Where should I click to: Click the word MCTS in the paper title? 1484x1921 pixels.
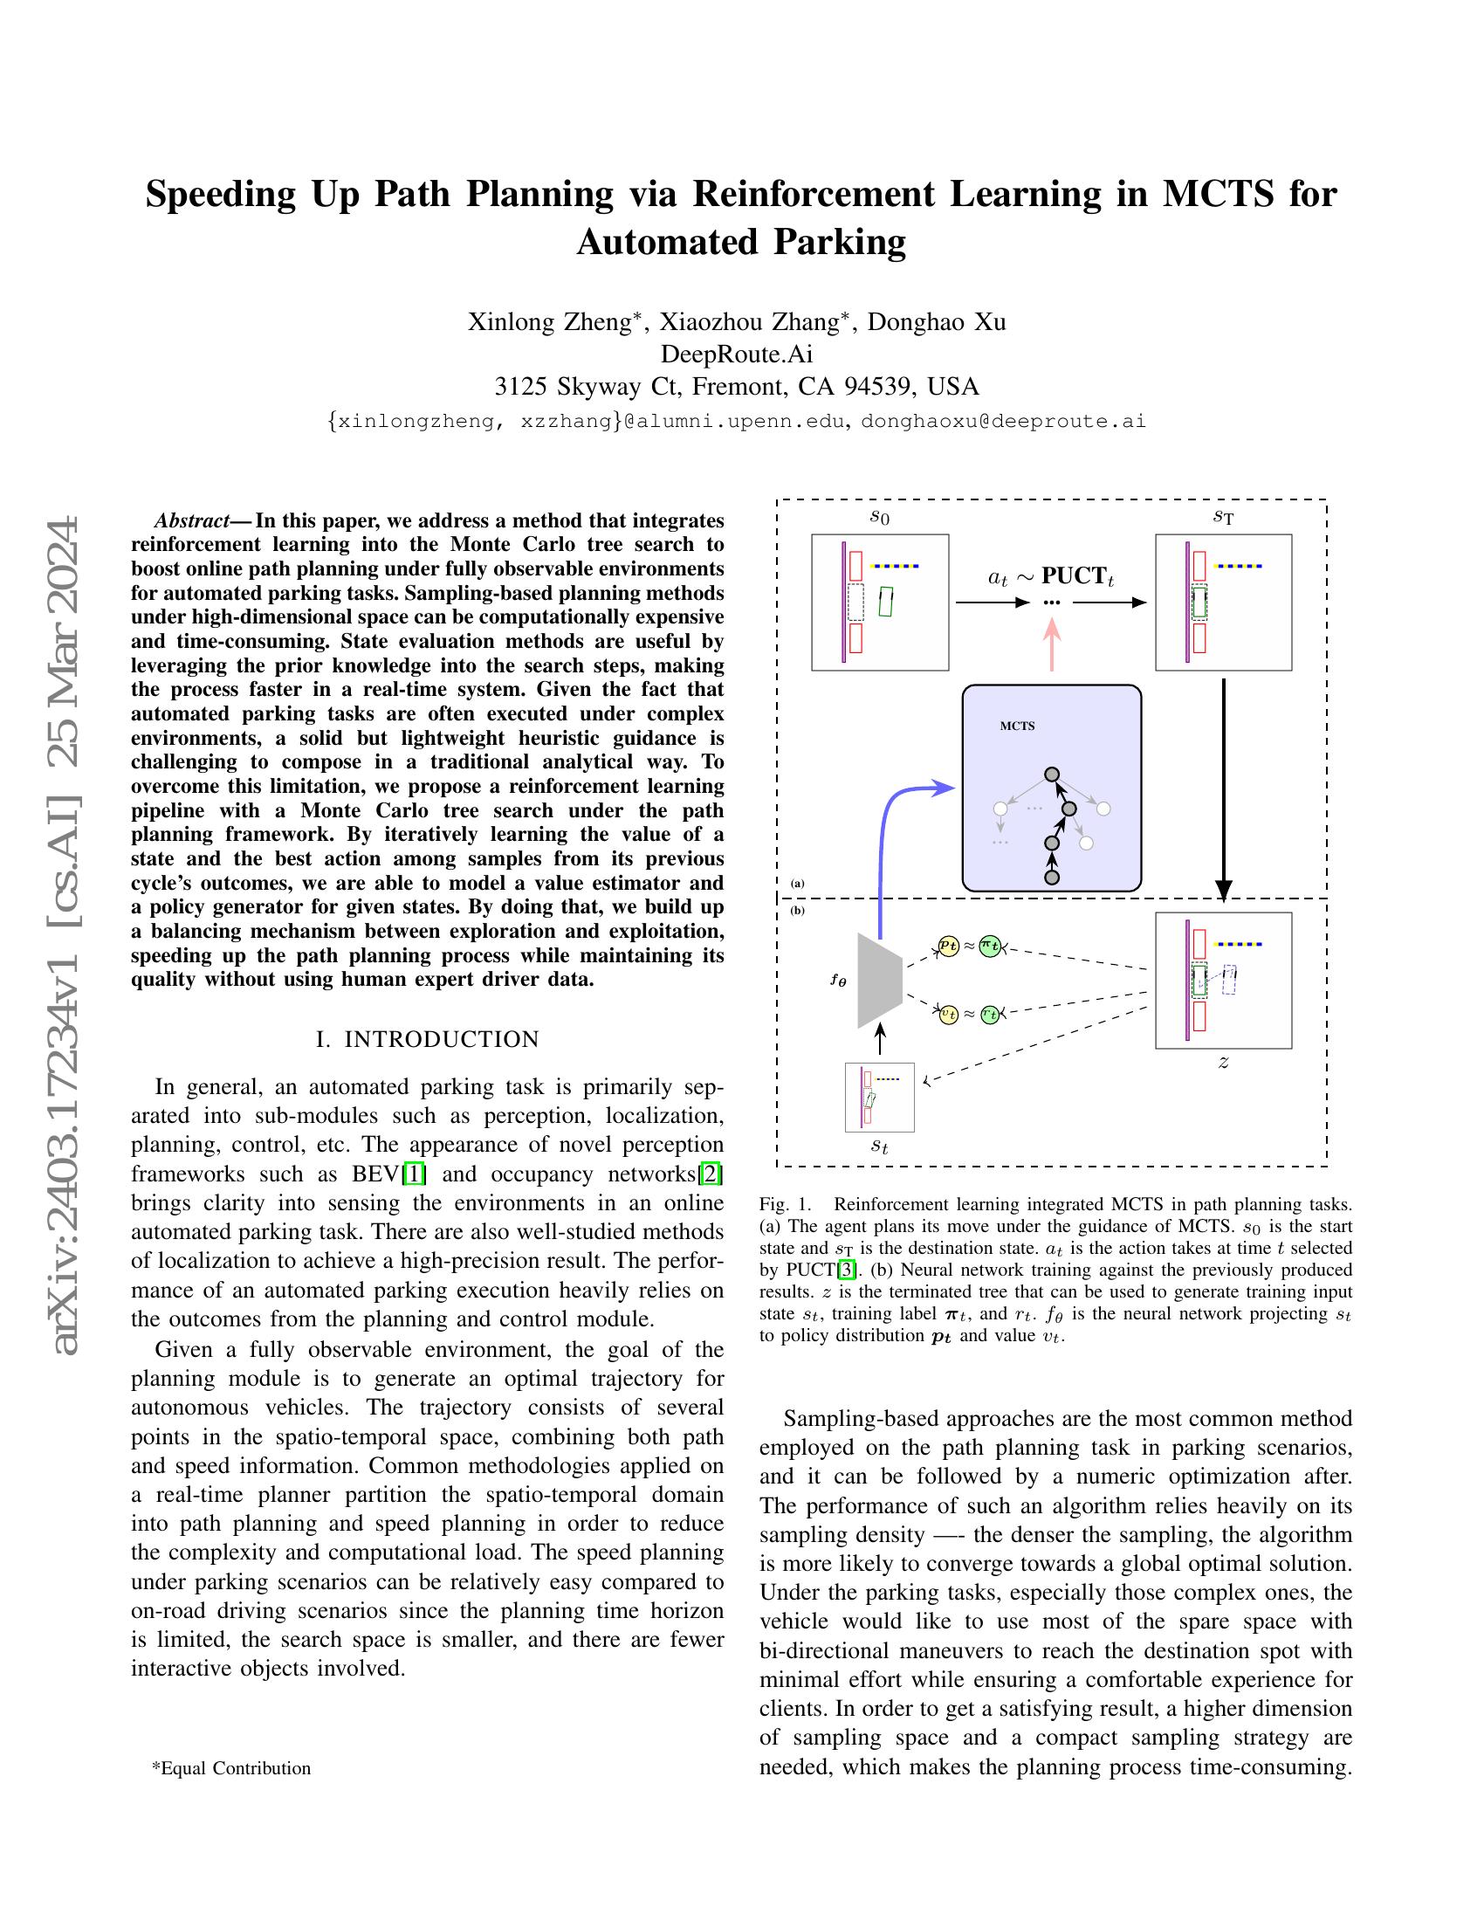click(1218, 195)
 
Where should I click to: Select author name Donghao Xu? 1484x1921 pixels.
click(937, 322)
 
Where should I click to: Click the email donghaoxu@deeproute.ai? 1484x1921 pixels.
click(1003, 422)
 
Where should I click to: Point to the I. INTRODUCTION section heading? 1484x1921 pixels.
click(427, 1040)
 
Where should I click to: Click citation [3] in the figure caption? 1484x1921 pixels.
click(846, 1270)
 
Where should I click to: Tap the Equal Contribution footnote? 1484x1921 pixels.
click(231, 1768)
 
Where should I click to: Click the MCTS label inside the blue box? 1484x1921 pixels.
click(1017, 726)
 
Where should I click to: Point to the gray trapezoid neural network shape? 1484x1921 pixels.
click(879, 980)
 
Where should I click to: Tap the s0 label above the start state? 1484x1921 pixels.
click(879, 518)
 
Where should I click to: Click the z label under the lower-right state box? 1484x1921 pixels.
click(1223, 1064)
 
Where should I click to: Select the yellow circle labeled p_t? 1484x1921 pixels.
click(948, 946)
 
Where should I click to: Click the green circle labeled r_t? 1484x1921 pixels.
click(990, 1014)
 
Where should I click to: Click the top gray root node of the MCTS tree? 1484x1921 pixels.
click(1052, 775)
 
